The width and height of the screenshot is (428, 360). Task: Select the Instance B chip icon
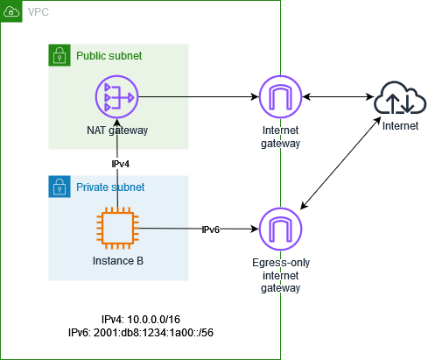click(x=118, y=229)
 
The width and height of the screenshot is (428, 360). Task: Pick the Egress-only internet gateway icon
click(x=281, y=229)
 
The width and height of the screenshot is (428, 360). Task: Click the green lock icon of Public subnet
click(x=59, y=55)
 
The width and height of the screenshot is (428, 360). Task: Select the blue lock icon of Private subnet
click(x=59, y=187)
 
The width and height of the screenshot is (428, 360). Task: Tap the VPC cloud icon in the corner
click(x=11, y=11)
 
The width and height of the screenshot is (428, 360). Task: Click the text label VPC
click(x=39, y=11)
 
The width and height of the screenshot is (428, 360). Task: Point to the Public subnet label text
click(x=109, y=56)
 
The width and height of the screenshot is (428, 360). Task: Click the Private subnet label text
click(x=110, y=187)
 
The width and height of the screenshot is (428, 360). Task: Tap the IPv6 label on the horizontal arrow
click(x=211, y=229)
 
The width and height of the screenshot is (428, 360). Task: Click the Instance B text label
click(x=118, y=261)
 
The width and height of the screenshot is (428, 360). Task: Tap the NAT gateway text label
click(x=118, y=130)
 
